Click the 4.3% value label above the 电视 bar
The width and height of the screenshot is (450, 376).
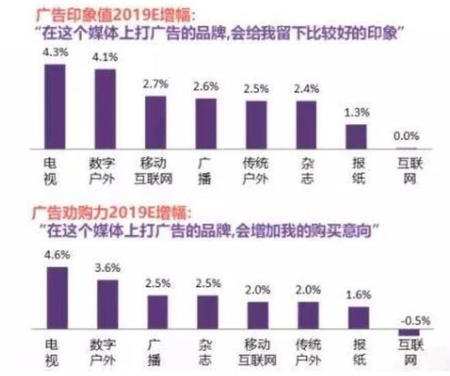[x=55, y=52]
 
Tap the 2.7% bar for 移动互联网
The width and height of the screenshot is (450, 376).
[x=155, y=122]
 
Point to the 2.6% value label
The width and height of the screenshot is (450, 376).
[x=206, y=87]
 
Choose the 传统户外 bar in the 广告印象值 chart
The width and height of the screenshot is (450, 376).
[x=256, y=125]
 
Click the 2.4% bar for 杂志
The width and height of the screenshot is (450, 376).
[x=306, y=125]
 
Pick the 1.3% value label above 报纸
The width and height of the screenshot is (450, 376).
[x=356, y=111]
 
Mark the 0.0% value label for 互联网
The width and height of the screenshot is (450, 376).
[x=407, y=136]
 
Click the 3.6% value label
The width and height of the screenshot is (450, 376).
[x=106, y=267]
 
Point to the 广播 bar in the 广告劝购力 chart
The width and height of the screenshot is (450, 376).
[x=156, y=312]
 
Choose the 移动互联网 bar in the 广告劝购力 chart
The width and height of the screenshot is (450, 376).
[x=257, y=316]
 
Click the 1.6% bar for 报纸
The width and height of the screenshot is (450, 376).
[x=358, y=318]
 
